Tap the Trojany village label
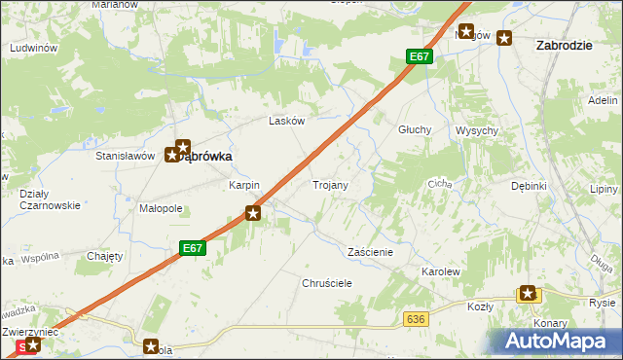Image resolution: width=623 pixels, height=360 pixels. [x=330, y=184]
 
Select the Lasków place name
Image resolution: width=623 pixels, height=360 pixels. [x=287, y=122]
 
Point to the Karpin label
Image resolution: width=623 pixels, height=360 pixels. [x=243, y=185]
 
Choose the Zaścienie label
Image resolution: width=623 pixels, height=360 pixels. [x=370, y=251]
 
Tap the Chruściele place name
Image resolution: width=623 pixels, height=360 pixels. [x=326, y=282]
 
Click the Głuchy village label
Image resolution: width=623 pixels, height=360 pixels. [x=416, y=129]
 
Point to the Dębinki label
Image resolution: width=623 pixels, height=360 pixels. [x=529, y=186]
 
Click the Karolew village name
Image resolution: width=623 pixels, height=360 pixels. [x=439, y=271]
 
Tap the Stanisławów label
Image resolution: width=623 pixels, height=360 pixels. [x=126, y=155]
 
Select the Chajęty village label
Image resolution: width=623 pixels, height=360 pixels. [x=104, y=256]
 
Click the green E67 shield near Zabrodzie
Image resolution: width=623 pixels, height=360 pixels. [x=419, y=57]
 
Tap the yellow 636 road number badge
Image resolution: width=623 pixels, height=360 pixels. [x=417, y=319]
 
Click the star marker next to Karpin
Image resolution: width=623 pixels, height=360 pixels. [x=253, y=212]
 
